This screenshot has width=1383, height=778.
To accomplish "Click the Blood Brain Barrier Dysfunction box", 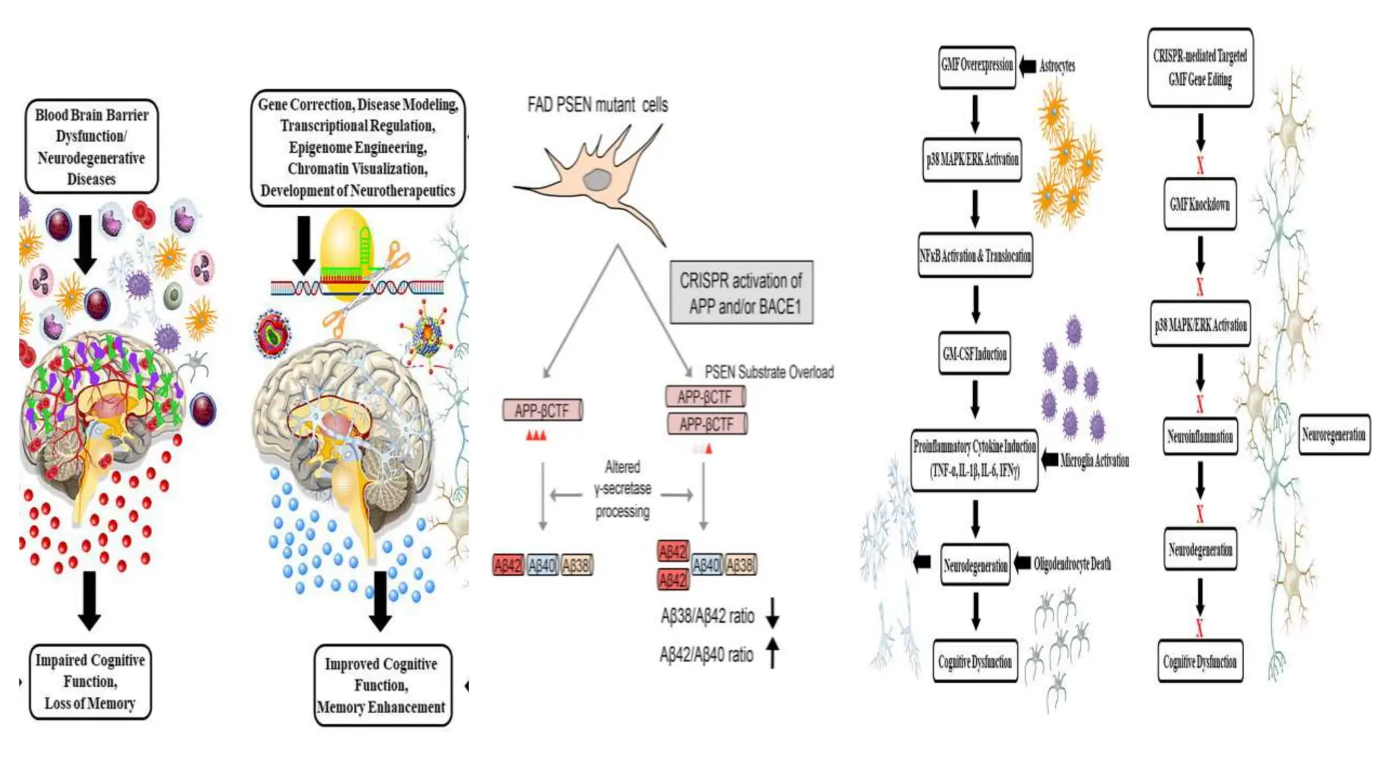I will pyautogui.click(x=92, y=147).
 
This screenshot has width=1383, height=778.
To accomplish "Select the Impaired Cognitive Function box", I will pyautogui.click(x=90, y=681).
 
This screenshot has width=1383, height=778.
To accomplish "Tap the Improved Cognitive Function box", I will pyautogui.click(x=382, y=685).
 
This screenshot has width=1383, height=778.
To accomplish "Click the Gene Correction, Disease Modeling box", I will pyautogui.click(x=358, y=147).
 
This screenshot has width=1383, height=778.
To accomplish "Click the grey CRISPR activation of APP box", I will pyautogui.click(x=741, y=293).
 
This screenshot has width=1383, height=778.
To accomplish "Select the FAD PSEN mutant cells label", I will pyautogui.click(x=597, y=105).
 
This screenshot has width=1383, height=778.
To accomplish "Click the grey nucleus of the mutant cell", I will pyautogui.click(x=597, y=180).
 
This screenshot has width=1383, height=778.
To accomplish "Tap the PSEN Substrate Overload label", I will pyautogui.click(x=768, y=372).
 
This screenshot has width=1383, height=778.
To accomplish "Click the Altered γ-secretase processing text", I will pyautogui.click(x=622, y=489).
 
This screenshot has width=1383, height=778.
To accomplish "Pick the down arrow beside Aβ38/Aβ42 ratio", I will pyautogui.click(x=773, y=613).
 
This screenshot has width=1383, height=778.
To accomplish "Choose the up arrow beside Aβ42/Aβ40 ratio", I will pyautogui.click(x=773, y=653).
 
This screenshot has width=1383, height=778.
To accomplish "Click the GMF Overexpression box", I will pyautogui.click(x=976, y=66).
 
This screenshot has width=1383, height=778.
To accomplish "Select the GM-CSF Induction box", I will pyautogui.click(x=974, y=353).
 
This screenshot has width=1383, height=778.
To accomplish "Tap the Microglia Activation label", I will pyautogui.click(x=1094, y=461).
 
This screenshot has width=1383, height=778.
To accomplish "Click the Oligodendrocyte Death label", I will pyautogui.click(x=1072, y=564).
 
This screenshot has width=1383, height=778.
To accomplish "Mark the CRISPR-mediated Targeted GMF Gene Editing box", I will pyautogui.click(x=1200, y=68).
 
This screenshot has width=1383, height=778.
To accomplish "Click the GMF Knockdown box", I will pyautogui.click(x=1199, y=204).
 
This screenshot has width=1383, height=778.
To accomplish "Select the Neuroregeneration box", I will pyautogui.click(x=1334, y=435).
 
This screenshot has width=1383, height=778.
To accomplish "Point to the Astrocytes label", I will pyautogui.click(x=1057, y=66).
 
